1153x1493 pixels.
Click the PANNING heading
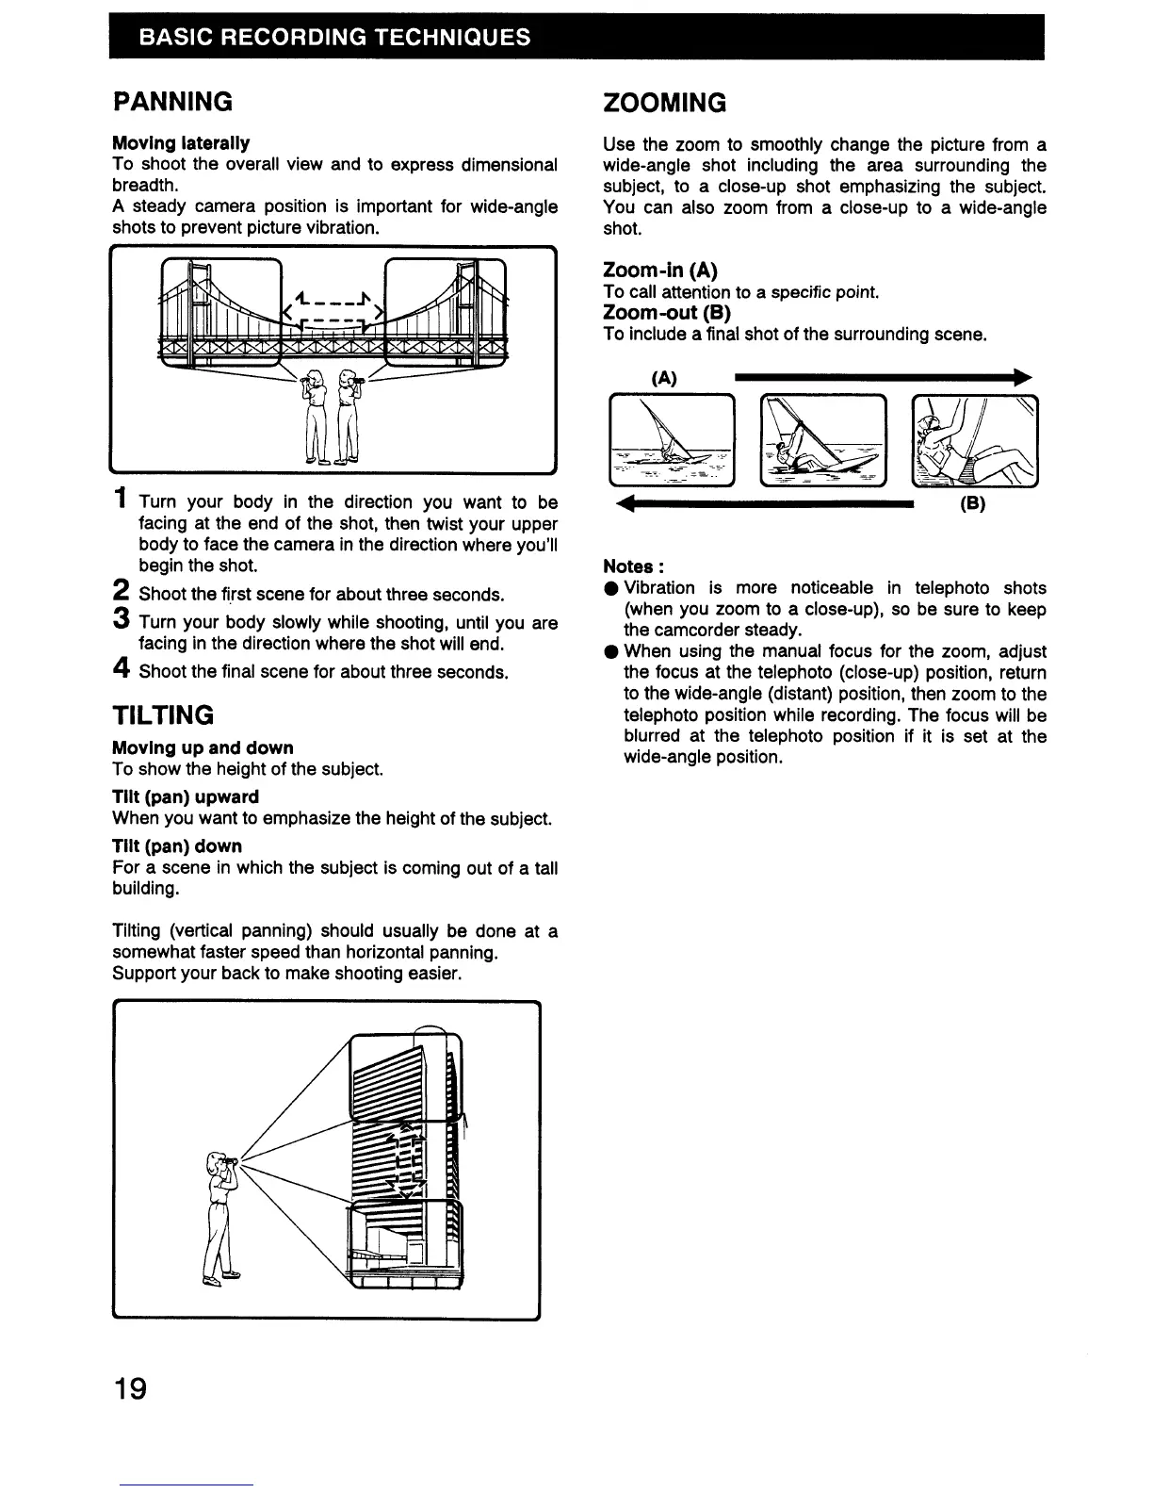[172, 101]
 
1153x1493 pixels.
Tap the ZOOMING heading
[664, 103]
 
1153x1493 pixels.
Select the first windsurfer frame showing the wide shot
[672, 440]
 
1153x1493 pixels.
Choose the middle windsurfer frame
[824, 440]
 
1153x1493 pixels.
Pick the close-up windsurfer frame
[976, 440]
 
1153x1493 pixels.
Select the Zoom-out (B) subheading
[666, 312]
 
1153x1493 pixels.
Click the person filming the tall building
[219, 1217]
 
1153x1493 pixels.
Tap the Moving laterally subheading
[181, 143]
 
